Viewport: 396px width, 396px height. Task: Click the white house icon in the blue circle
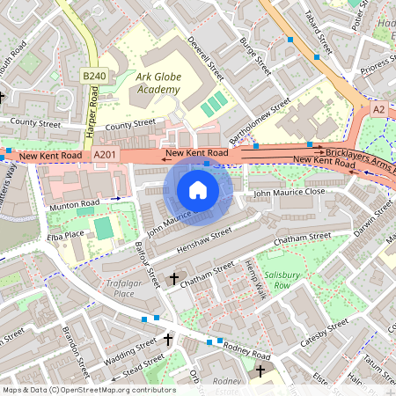198,190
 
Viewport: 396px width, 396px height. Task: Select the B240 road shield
94,77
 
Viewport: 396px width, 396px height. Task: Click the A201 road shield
104,156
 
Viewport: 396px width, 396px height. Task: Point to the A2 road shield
378,108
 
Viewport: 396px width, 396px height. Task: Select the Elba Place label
67,235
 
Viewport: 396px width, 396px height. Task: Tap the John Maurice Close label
290,191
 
